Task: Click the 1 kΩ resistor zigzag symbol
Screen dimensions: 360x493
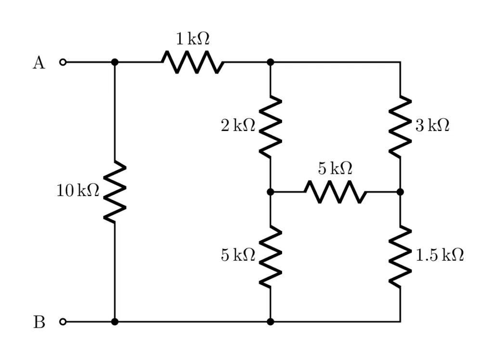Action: click(x=193, y=62)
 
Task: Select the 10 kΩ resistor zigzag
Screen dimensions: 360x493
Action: click(x=115, y=192)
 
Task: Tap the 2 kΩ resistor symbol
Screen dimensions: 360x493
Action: click(x=270, y=127)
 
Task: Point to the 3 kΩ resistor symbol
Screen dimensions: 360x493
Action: click(x=400, y=127)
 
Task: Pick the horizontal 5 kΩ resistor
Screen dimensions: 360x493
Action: click(x=335, y=192)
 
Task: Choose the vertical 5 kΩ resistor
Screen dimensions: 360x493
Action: click(x=270, y=257)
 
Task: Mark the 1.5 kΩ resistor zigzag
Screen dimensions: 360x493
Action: click(x=400, y=257)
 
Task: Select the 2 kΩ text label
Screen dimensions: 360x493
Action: click(x=238, y=126)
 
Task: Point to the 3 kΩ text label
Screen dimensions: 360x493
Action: click(x=432, y=126)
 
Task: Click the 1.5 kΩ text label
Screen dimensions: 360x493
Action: click(x=440, y=256)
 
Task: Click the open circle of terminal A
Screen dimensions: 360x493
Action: click(x=63, y=62)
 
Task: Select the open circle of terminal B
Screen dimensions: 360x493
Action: click(x=63, y=321)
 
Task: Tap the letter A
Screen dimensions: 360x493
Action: click(x=39, y=63)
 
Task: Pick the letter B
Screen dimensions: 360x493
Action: click(x=39, y=322)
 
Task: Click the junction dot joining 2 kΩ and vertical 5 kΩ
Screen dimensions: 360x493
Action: click(x=270, y=192)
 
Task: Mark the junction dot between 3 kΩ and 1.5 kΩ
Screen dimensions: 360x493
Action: click(x=400, y=192)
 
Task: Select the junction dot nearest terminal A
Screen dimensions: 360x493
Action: click(x=115, y=62)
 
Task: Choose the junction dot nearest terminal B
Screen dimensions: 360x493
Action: click(x=115, y=321)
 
